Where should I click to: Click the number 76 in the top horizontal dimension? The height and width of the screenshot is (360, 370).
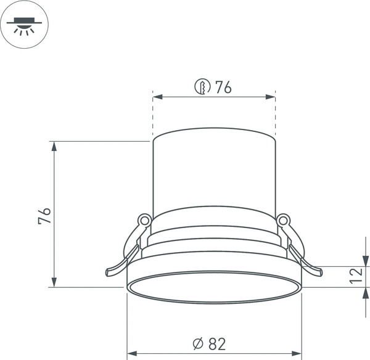pos(223,88)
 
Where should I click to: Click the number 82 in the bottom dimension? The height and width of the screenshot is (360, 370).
pos(216,344)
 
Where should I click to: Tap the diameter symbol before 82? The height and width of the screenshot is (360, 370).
pos(198,344)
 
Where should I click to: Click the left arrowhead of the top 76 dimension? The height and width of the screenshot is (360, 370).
pos(157,97)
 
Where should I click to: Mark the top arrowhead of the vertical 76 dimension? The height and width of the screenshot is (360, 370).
pos(54,146)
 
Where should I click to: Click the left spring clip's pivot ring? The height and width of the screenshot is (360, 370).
pos(144,219)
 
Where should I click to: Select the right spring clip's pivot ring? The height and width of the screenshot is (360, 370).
pos(284,219)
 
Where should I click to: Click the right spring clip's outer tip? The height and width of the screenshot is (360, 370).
pos(319,272)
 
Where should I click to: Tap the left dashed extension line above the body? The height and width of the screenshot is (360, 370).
pos(152,114)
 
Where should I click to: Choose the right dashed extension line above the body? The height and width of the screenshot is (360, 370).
pos(275,114)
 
